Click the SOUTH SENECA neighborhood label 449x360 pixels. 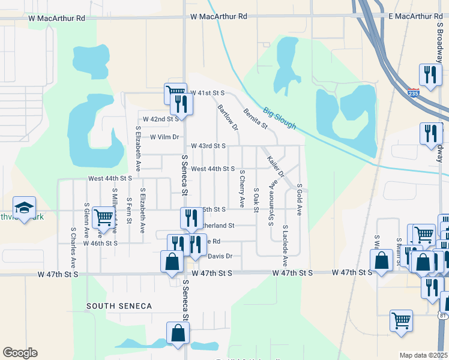[119, 306]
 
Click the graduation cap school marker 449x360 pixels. [24, 208]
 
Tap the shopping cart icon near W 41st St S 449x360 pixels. [175, 92]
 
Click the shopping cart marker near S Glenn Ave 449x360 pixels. [103, 218]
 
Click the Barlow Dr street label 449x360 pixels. [228, 118]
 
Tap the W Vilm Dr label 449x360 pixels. [165, 137]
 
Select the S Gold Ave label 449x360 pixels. [299, 200]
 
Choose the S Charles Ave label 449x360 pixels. [73, 247]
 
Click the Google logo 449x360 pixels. [20, 353]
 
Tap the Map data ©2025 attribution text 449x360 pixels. [423, 355]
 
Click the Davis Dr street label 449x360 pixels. [220, 257]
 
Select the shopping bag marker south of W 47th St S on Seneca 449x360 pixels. [179, 333]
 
